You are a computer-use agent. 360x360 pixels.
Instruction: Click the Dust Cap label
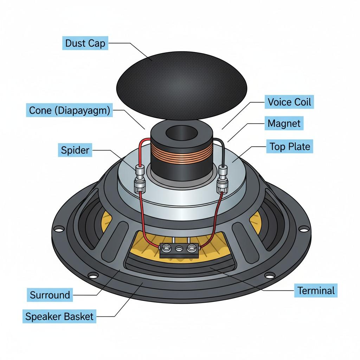(85, 44)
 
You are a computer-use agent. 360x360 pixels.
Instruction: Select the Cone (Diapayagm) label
(70, 110)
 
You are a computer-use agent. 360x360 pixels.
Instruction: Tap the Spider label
(75, 150)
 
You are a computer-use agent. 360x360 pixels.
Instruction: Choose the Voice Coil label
(289, 102)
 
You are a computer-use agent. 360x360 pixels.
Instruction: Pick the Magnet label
(284, 124)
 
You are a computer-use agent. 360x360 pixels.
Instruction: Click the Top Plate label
(290, 146)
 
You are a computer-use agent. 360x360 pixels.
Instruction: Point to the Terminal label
(316, 291)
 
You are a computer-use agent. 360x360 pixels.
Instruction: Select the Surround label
(50, 295)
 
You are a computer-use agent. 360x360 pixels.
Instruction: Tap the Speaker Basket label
(59, 316)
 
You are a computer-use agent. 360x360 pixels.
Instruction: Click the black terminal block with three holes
(179, 251)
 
